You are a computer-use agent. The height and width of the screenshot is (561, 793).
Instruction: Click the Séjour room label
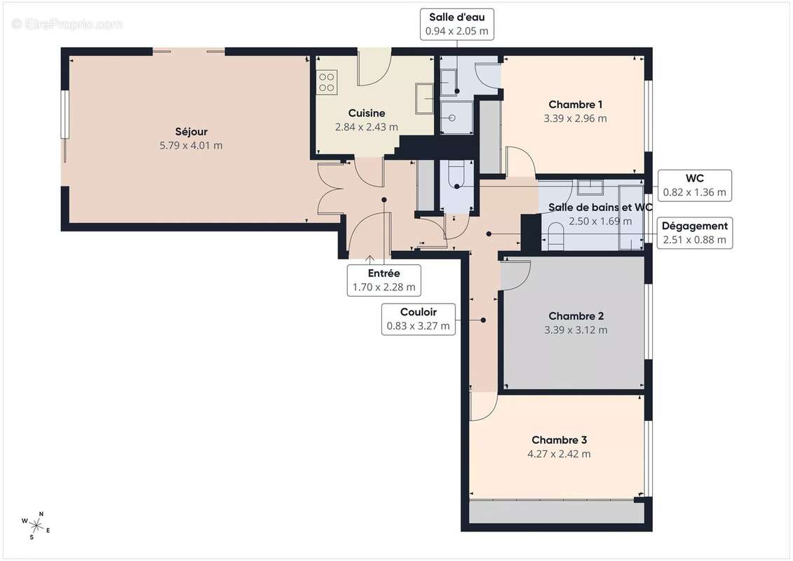point(191,131)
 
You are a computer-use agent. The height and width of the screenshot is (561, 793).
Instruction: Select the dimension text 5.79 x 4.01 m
point(191,145)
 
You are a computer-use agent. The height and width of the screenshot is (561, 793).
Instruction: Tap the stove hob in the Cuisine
point(326,82)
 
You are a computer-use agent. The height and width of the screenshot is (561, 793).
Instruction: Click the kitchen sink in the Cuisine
point(424,98)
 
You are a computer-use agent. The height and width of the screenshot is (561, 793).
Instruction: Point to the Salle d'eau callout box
point(456,25)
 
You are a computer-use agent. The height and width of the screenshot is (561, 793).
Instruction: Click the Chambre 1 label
point(575,104)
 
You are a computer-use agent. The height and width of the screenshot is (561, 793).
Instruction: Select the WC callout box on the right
point(695,185)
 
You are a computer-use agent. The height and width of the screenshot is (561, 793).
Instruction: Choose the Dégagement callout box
point(695,233)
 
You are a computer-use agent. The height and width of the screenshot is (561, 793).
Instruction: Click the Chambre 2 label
point(575,316)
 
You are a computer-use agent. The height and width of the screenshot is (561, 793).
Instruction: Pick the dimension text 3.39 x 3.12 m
point(575,330)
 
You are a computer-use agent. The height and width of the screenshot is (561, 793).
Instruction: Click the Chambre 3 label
point(559,440)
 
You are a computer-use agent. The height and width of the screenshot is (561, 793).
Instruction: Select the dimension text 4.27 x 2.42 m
point(559,454)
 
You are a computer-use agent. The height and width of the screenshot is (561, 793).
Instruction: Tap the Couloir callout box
point(418,318)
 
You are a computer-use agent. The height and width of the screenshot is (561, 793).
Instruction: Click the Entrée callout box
point(384,280)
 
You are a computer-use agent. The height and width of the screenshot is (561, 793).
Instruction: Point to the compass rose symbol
point(34,525)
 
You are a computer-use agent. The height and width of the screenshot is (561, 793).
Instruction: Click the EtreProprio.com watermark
point(67,25)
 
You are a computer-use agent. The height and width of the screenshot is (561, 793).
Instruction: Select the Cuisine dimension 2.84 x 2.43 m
point(367,127)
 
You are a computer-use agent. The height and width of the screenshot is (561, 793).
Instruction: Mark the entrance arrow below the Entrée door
point(370,260)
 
